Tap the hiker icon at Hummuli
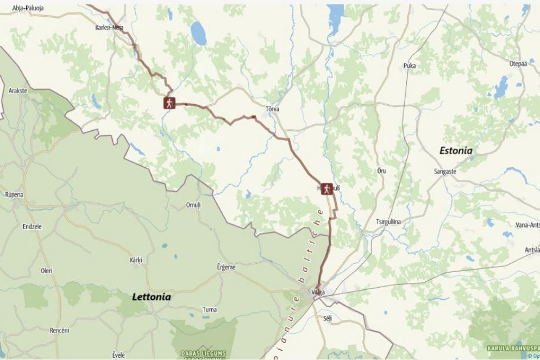[326, 188]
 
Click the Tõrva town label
[272, 109]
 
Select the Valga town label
[318, 292]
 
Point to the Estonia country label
[455, 150]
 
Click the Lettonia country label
[152, 297]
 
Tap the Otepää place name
[518, 64]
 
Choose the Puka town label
[409, 66]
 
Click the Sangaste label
[445, 171]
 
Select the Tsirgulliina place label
[388, 222]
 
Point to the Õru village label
[381, 170]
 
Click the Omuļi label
[193, 205]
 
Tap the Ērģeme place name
[226, 267]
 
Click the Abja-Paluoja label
[28, 8]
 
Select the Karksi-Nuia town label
[109, 27]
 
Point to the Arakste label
[18, 91]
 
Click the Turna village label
[209, 309]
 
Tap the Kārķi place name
[136, 261]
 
